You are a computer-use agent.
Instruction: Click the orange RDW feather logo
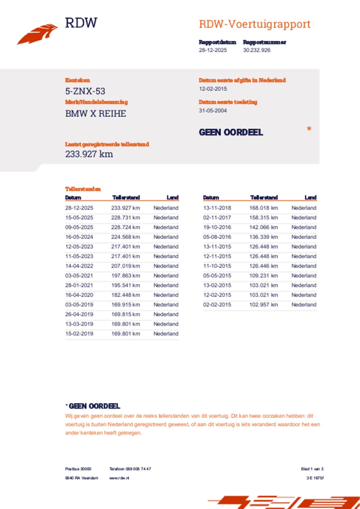[x=37, y=34]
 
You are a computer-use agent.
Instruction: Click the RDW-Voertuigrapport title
[x=255, y=24]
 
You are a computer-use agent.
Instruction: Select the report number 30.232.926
[x=256, y=50]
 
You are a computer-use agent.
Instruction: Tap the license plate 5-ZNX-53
[x=85, y=91]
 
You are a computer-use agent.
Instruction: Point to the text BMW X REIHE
[x=96, y=114]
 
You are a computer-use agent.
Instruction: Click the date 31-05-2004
[x=213, y=111]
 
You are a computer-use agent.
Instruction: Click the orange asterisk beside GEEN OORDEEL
[x=309, y=129]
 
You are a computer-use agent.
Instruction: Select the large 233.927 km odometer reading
[x=89, y=154]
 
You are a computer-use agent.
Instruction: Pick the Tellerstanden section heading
[x=83, y=189]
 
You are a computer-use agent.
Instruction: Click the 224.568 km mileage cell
[x=125, y=237]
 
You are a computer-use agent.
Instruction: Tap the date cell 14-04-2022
[x=79, y=266]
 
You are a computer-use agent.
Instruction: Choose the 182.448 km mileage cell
[x=125, y=295]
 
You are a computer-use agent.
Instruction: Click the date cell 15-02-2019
[x=79, y=334]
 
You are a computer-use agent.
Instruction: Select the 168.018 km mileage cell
[x=264, y=208]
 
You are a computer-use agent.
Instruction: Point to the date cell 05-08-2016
[x=217, y=237]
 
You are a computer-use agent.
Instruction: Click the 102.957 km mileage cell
[x=264, y=305]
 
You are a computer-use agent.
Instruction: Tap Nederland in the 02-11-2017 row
[x=304, y=218]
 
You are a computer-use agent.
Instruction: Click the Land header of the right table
[x=310, y=198]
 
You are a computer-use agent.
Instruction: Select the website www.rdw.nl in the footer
[x=119, y=478]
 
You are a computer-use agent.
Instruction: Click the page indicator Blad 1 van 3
[x=312, y=469]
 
